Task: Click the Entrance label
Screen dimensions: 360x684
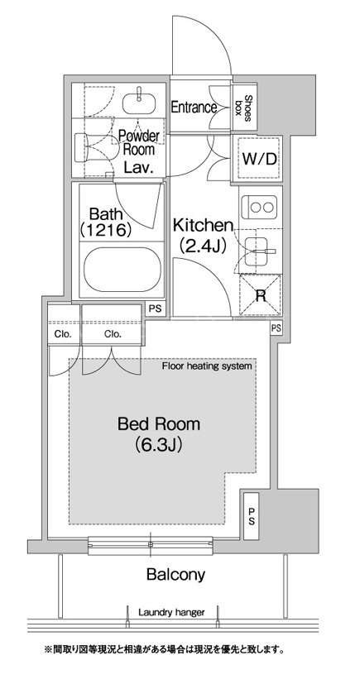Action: (194, 108)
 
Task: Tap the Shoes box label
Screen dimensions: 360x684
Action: (244, 105)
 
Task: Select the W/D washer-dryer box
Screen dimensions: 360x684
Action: (259, 158)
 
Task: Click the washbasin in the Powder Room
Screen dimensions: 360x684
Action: (139, 101)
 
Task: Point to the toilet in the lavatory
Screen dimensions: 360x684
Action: (94, 147)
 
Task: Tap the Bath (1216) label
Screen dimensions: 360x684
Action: (106, 222)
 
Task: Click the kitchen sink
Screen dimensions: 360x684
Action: (260, 251)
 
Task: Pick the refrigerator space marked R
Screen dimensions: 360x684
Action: (261, 296)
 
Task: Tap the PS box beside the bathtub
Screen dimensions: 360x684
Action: (155, 309)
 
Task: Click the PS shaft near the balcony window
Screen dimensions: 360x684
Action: (252, 515)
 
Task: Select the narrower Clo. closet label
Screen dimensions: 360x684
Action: (62, 335)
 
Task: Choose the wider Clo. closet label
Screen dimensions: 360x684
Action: (113, 335)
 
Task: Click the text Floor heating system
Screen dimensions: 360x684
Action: (207, 366)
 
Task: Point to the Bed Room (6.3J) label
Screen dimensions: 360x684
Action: (158, 433)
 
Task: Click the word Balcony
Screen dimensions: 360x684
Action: (175, 574)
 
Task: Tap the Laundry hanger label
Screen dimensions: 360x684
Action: (171, 613)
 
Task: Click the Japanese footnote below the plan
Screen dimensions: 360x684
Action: (165, 650)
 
